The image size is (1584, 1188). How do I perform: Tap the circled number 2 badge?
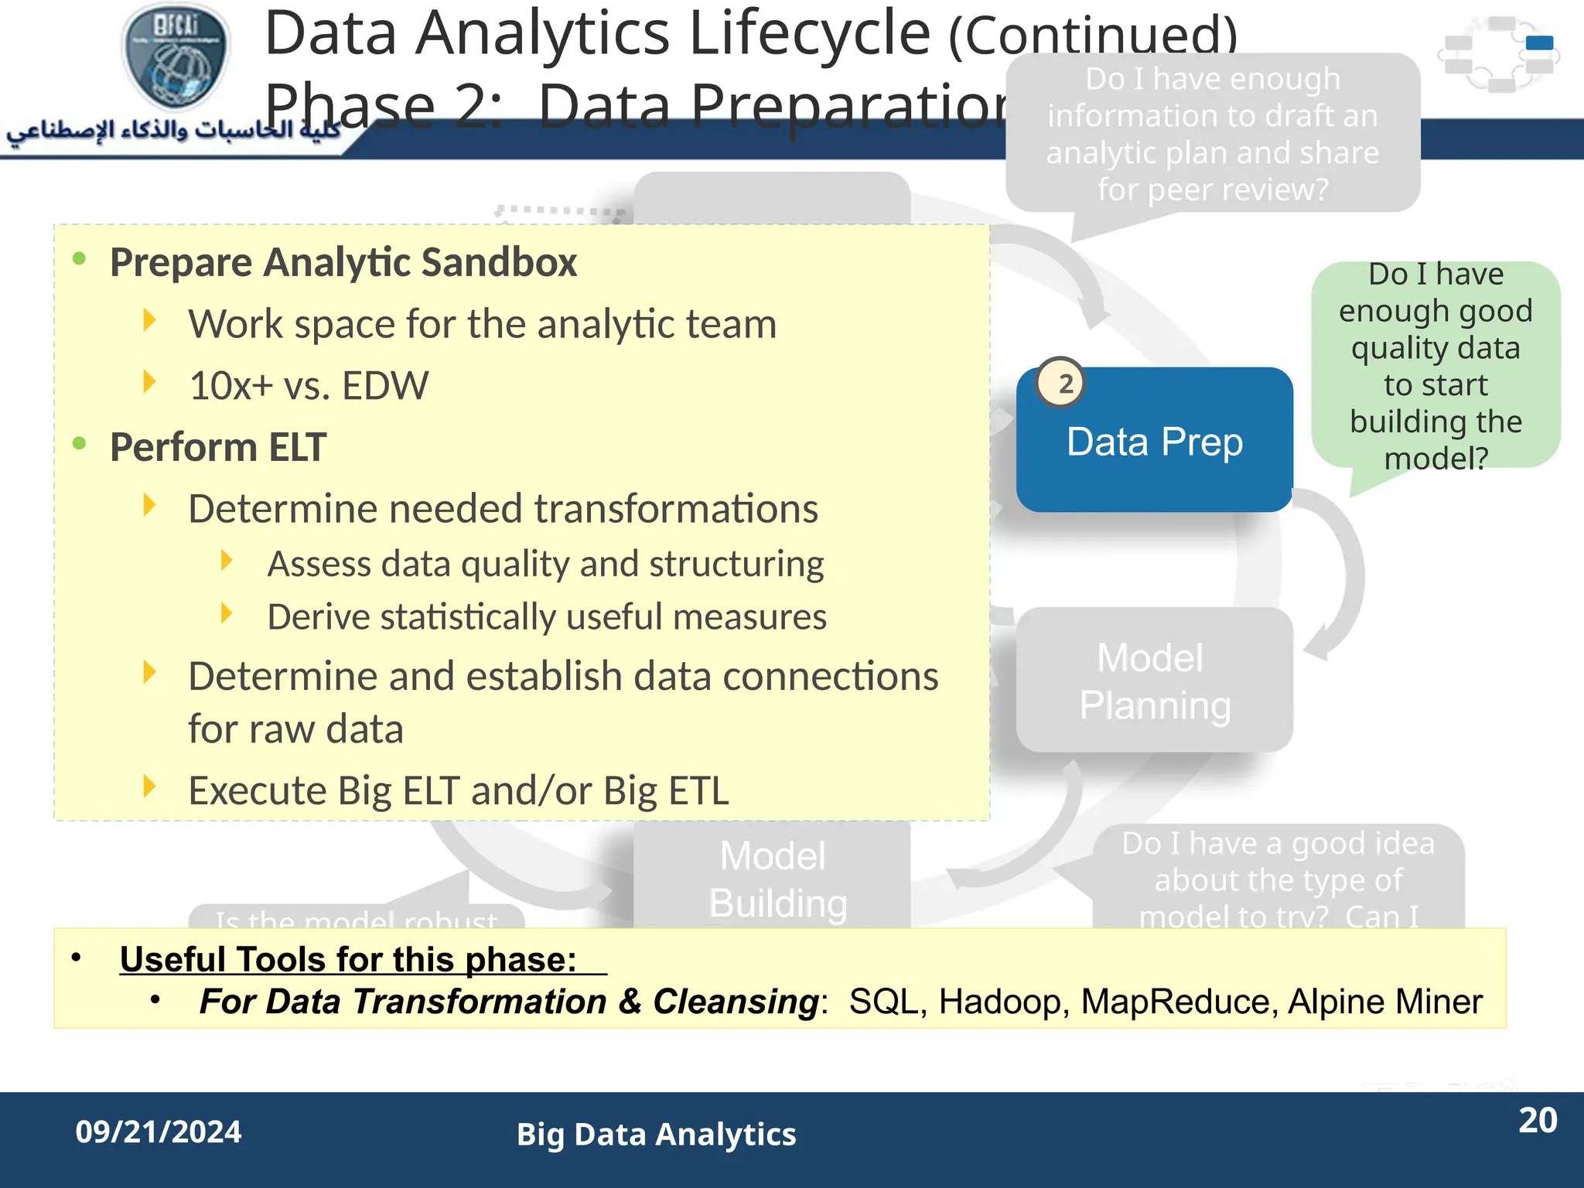1060,383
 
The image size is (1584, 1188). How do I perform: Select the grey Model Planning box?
1154,681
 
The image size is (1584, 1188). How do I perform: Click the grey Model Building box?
772,878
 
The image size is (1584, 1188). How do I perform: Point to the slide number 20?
1537,1121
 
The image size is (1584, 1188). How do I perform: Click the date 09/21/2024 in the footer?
159,1132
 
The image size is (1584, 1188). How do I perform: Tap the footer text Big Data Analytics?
656,1135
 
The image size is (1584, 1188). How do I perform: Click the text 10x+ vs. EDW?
308,386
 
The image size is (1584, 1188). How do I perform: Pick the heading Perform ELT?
218,447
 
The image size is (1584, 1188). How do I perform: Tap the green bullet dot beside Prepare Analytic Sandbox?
79,258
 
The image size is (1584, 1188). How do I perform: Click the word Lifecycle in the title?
809,34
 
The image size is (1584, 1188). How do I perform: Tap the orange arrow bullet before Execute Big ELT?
150,787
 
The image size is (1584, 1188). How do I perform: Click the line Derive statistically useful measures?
546,617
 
